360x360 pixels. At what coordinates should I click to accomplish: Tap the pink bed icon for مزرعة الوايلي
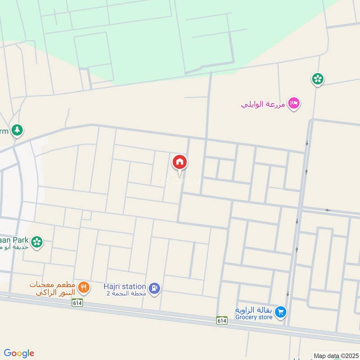pyautogui.click(x=294, y=103)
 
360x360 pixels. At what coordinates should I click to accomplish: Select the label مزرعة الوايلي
pyautogui.click(x=264, y=104)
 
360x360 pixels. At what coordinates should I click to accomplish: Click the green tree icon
pyautogui.click(x=17, y=130)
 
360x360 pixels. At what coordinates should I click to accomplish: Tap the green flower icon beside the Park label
pyautogui.click(x=38, y=242)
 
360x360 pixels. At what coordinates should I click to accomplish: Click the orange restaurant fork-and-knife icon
pyautogui.click(x=83, y=287)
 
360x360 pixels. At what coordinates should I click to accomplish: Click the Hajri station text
pyautogui.click(x=124, y=286)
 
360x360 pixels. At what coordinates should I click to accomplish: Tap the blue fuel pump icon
pyautogui.click(x=154, y=288)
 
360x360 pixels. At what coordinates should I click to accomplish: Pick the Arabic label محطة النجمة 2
pyautogui.click(x=126, y=293)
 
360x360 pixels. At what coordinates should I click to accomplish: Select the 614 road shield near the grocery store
pyautogui.click(x=221, y=320)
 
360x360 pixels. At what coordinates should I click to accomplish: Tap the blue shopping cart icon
pyautogui.click(x=280, y=312)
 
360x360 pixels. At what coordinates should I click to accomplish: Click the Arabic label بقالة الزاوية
pyautogui.click(x=253, y=310)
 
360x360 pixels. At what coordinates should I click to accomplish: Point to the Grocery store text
pyautogui.click(x=253, y=317)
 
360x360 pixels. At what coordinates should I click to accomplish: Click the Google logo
pyautogui.click(x=18, y=353)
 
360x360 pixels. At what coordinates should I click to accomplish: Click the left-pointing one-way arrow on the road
pyautogui.click(x=328, y=211)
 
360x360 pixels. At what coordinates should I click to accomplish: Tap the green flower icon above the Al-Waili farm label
pyautogui.click(x=318, y=79)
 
